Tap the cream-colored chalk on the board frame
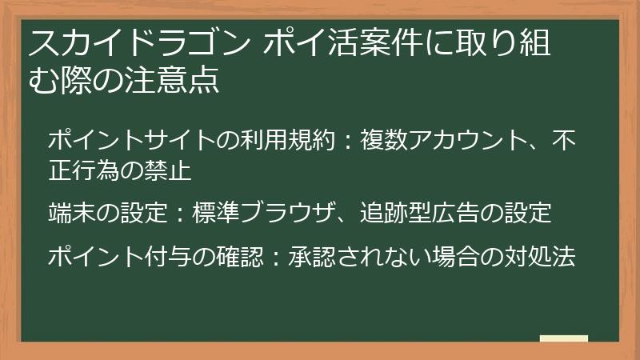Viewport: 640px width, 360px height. [x=564, y=339]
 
